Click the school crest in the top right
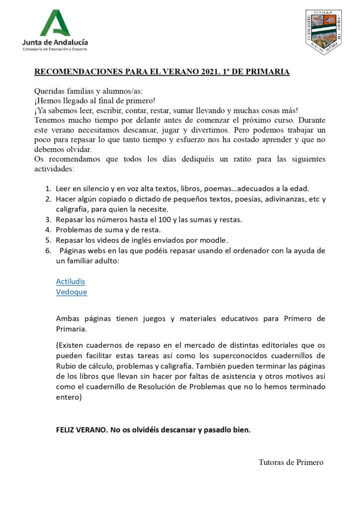tap(323, 32)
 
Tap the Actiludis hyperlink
tap(71, 281)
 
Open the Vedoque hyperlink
tap(72, 292)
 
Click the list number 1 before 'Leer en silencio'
tap(48, 188)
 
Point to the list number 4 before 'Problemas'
tap(48, 230)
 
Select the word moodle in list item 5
tap(214, 240)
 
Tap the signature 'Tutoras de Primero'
tap(291, 462)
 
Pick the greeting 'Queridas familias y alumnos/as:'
tap(89, 91)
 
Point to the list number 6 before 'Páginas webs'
tap(48, 251)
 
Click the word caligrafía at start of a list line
tap(73, 209)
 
